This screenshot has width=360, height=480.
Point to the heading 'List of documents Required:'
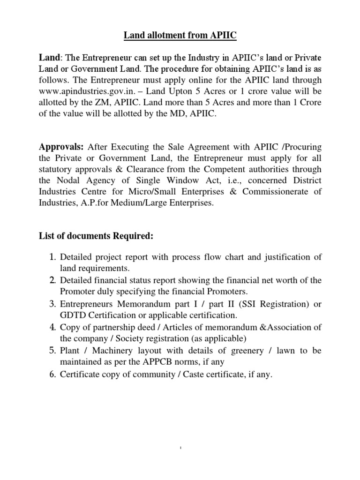[x=96, y=236]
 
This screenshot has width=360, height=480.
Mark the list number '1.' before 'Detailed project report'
[x=52, y=257]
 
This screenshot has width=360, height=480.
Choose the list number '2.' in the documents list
[x=52, y=280]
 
